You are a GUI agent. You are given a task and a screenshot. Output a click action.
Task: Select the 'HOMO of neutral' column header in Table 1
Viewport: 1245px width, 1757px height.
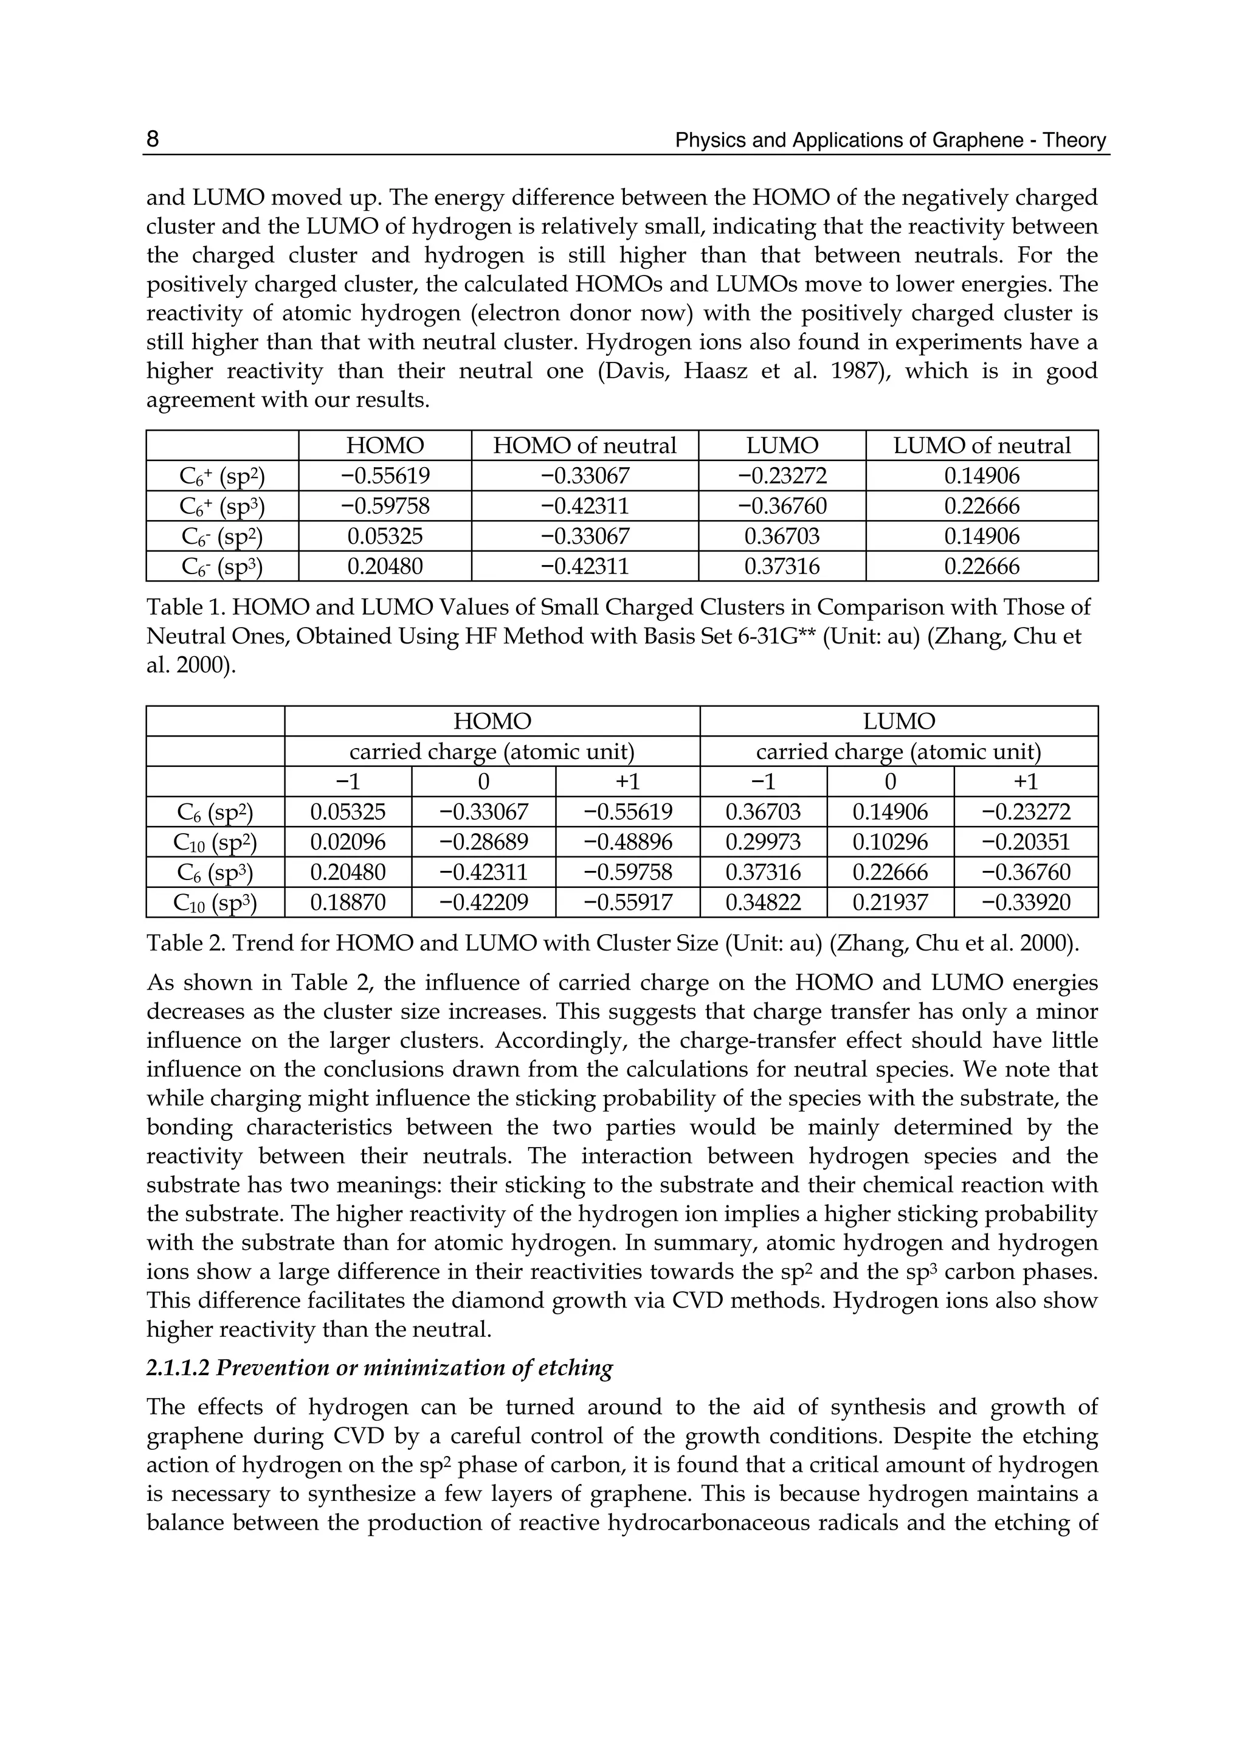point(584,446)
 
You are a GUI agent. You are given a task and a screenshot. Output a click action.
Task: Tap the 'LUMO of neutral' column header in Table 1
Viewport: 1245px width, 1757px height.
point(981,446)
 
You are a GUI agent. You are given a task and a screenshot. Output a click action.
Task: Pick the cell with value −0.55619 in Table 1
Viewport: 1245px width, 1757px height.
point(385,476)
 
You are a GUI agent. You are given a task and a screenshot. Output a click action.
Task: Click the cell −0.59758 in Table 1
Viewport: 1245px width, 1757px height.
point(385,506)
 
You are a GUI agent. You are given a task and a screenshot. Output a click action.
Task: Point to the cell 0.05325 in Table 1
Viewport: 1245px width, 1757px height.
point(385,536)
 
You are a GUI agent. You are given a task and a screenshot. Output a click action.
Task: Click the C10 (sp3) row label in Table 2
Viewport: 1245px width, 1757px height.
point(215,903)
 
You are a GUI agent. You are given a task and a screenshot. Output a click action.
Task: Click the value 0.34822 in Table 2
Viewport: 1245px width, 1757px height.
point(763,903)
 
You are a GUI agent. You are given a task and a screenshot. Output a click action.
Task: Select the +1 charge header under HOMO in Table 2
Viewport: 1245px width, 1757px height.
point(627,781)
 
